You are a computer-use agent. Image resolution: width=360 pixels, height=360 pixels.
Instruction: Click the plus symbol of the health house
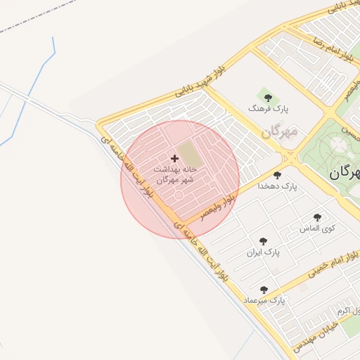(175, 159)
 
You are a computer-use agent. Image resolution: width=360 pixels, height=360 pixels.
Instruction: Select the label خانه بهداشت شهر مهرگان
(174, 174)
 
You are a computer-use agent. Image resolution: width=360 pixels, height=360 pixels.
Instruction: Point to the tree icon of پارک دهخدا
(277, 175)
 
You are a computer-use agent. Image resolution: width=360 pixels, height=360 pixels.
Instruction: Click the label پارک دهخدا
(277, 186)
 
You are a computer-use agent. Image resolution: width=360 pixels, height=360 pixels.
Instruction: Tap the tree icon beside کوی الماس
(317, 217)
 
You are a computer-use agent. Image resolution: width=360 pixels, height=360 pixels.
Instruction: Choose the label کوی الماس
(317, 229)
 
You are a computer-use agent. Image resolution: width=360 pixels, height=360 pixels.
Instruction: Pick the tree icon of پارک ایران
(263, 240)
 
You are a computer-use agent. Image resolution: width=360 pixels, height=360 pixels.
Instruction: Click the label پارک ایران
(263, 252)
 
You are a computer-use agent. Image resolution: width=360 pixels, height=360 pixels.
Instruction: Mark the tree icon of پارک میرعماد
(264, 289)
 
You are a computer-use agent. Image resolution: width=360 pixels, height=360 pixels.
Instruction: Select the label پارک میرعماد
(265, 300)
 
